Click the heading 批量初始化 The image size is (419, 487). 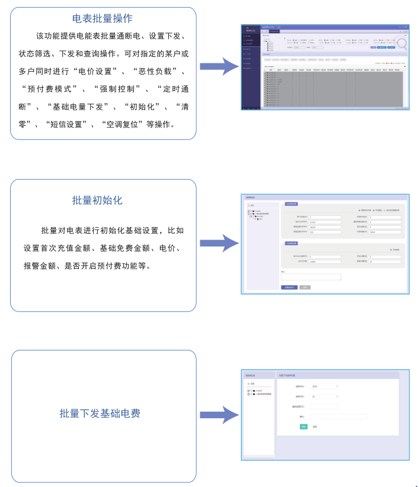(97, 200)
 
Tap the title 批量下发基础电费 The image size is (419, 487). (100, 413)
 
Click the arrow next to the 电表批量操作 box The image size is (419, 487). (219, 66)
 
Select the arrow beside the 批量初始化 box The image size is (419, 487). (219, 243)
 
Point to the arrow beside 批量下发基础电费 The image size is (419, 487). (219, 415)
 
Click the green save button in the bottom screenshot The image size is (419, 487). (303, 426)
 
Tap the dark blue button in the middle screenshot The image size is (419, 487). (289, 287)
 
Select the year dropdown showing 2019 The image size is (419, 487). (325, 386)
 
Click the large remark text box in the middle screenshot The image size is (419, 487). (311, 276)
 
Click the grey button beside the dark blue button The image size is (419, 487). (305, 287)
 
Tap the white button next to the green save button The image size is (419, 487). (315, 426)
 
